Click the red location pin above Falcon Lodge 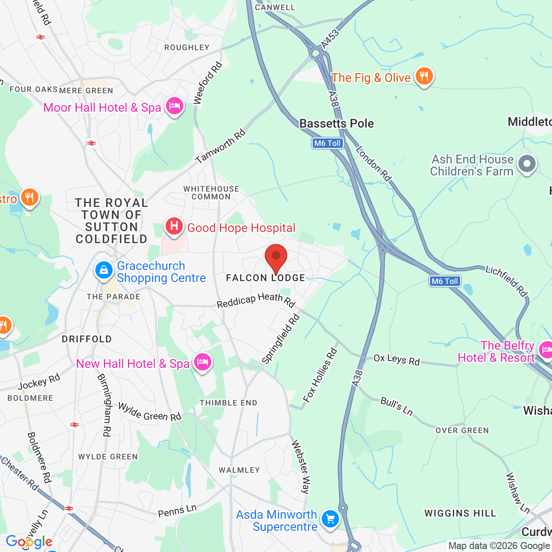tap(276, 258)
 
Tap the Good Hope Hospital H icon tap(174, 226)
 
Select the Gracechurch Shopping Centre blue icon tap(103, 270)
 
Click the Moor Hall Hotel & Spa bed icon tap(175, 106)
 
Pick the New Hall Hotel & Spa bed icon tap(202, 362)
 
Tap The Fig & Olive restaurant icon tap(424, 76)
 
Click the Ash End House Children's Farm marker tap(527, 164)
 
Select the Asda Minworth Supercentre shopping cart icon tap(330, 519)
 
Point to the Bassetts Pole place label tap(336, 123)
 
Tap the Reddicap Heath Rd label tap(256, 300)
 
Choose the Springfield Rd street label tap(281, 339)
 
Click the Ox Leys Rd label tap(396, 360)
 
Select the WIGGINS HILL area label tap(460, 513)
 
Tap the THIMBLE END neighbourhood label tap(228, 403)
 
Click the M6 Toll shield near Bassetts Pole tap(328, 143)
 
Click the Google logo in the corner tap(29, 542)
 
